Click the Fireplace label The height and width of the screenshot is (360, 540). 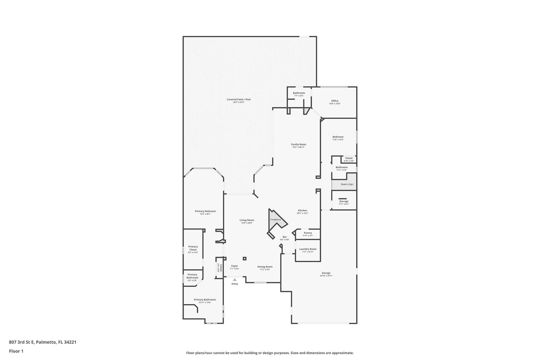click(275, 219)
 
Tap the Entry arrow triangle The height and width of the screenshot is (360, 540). click(235, 280)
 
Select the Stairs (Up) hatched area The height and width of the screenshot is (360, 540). click(344, 184)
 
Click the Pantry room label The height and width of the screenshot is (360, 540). click(308, 233)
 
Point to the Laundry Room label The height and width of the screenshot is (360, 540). click(308, 249)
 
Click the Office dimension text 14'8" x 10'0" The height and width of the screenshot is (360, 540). click(335, 104)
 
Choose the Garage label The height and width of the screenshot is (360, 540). click(326, 273)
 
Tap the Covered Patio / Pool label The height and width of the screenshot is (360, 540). click(239, 99)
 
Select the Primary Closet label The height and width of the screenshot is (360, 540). click(193, 248)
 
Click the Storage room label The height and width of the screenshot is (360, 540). click(344, 201)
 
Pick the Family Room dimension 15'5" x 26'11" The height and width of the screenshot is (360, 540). click(298, 147)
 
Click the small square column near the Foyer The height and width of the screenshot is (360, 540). click(245, 259)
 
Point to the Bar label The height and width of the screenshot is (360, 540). click(285, 237)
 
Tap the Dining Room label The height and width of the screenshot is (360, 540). click(265, 267)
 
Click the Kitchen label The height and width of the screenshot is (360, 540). click(302, 210)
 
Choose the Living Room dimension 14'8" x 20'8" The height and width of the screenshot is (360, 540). click(247, 223)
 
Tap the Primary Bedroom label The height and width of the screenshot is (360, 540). click(205, 211)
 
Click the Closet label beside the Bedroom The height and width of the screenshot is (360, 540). click(349, 158)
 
